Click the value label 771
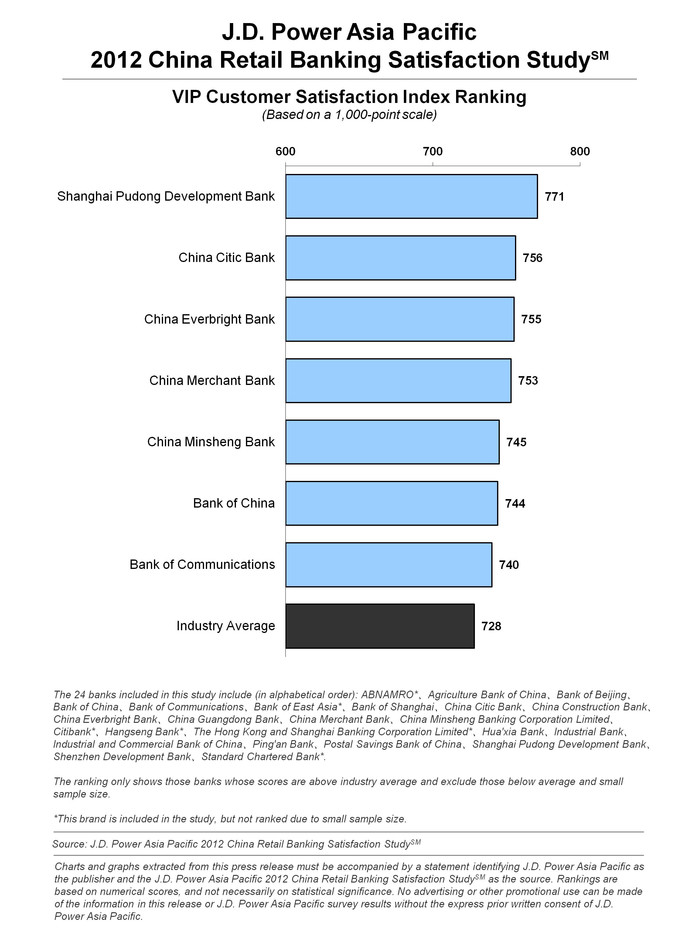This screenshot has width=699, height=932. click(554, 197)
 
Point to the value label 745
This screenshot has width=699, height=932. click(517, 442)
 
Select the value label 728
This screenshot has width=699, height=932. click(491, 626)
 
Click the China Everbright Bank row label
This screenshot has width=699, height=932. click(210, 319)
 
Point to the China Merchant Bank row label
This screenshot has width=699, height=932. click(212, 380)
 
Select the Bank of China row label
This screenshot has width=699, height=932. click(234, 503)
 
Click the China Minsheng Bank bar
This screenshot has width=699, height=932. click(392, 442)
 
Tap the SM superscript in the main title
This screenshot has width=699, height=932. click(600, 55)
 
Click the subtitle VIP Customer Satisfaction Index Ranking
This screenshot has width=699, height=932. click(349, 97)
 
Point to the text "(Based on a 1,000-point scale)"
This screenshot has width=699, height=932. click(349, 115)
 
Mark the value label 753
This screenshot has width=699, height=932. click(528, 380)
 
